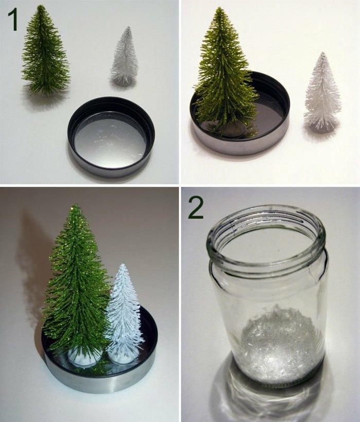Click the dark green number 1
pyautogui.click(x=13, y=19)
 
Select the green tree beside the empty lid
pyautogui.click(x=46, y=51)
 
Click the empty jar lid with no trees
pyautogui.click(x=111, y=137)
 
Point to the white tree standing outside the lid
pyautogui.click(x=322, y=93)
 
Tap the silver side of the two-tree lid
pyautogui.click(x=99, y=382)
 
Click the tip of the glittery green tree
pyautogui.click(x=76, y=205)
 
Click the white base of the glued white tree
pyautogui.click(x=121, y=356)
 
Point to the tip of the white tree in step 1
pyautogui.click(x=129, y=27)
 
